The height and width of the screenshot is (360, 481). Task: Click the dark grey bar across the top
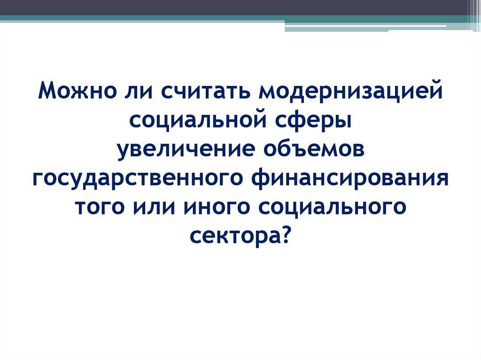tap(235, 8)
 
